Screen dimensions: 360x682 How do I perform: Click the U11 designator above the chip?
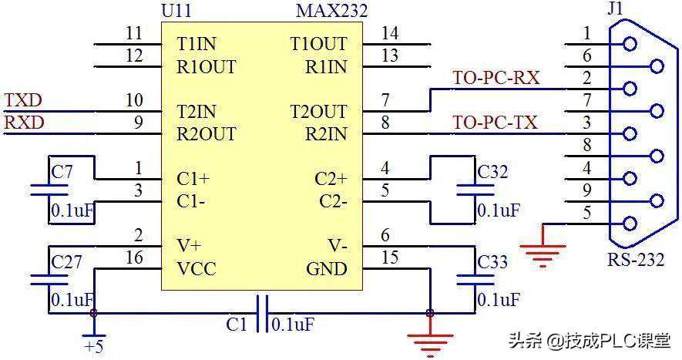(178, 12)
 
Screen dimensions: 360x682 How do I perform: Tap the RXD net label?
(24, 123)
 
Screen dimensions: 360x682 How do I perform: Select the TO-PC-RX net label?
(496, 78)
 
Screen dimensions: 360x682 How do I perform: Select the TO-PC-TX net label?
(495, 123)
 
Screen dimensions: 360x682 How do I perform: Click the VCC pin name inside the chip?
(197, 269)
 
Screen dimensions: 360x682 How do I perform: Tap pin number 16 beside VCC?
(134, 258)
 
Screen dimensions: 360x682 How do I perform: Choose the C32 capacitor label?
(492, 172)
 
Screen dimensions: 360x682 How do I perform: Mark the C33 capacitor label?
(492, 262)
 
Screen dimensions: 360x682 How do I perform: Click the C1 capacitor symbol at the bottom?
(262, 313)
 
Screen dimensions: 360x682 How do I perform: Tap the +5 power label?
(93, 347)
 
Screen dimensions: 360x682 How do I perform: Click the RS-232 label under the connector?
(635, 259)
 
